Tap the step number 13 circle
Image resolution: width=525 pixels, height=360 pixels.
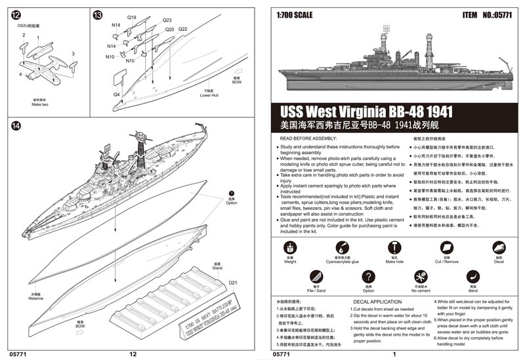coord(98,15)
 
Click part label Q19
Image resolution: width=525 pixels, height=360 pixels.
coord(131,17)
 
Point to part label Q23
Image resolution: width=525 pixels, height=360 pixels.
coord(167,20)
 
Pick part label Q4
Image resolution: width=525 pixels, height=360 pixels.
coord(116,94)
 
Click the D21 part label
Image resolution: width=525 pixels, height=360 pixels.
coord(233,283)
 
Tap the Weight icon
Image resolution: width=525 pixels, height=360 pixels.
coord(289,247)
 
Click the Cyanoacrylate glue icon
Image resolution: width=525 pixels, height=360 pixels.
coord(342,247)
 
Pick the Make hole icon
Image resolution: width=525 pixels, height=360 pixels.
coord(394,247)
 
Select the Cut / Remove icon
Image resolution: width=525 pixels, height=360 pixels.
coord(446,247)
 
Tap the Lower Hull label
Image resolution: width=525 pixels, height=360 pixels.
coord(209,96)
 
